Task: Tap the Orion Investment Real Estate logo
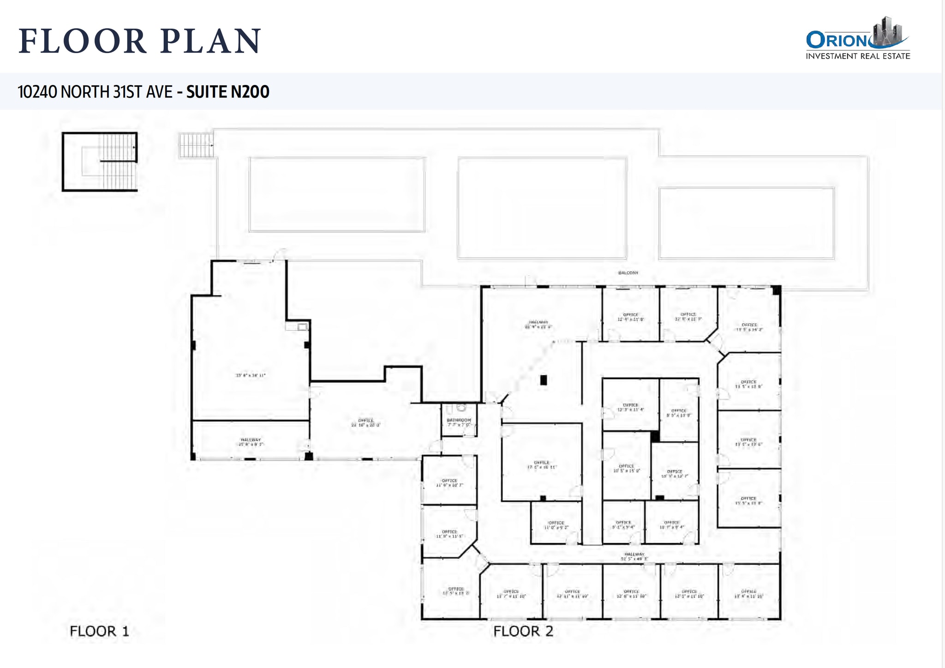(858, 40)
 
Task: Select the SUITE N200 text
(227, 92)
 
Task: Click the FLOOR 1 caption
(99, 631)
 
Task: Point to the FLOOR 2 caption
(523, 631)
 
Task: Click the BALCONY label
(628, 273)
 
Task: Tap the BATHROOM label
(459, 421)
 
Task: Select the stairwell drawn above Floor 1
(100, 162)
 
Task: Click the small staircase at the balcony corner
(196, 145)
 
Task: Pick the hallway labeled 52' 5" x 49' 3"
(634, 556)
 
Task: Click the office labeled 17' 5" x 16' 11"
(542, 464)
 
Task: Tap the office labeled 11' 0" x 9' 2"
(556, 525)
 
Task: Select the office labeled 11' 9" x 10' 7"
(449, 482)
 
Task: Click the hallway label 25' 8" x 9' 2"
(251, 442)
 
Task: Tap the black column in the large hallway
(544, 380)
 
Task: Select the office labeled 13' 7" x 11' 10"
(511, 594)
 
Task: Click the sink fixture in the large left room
(302, 327)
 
